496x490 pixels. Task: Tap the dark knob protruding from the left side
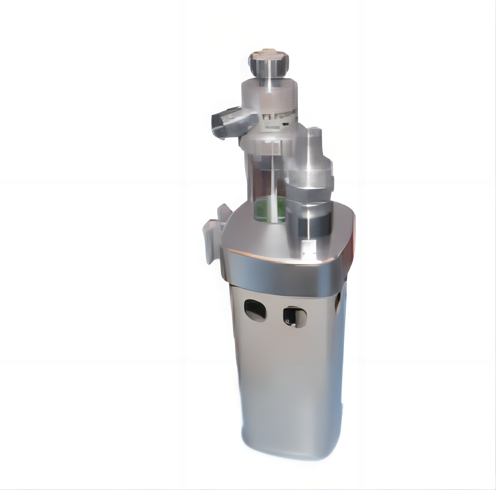point(233,122)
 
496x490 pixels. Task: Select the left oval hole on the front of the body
point(255,310)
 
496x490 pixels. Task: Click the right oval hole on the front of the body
point(295,317)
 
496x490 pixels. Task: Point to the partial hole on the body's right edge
point(338,302)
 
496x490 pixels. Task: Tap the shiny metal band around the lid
point(284,275)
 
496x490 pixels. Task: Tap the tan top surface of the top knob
point(269,52)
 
